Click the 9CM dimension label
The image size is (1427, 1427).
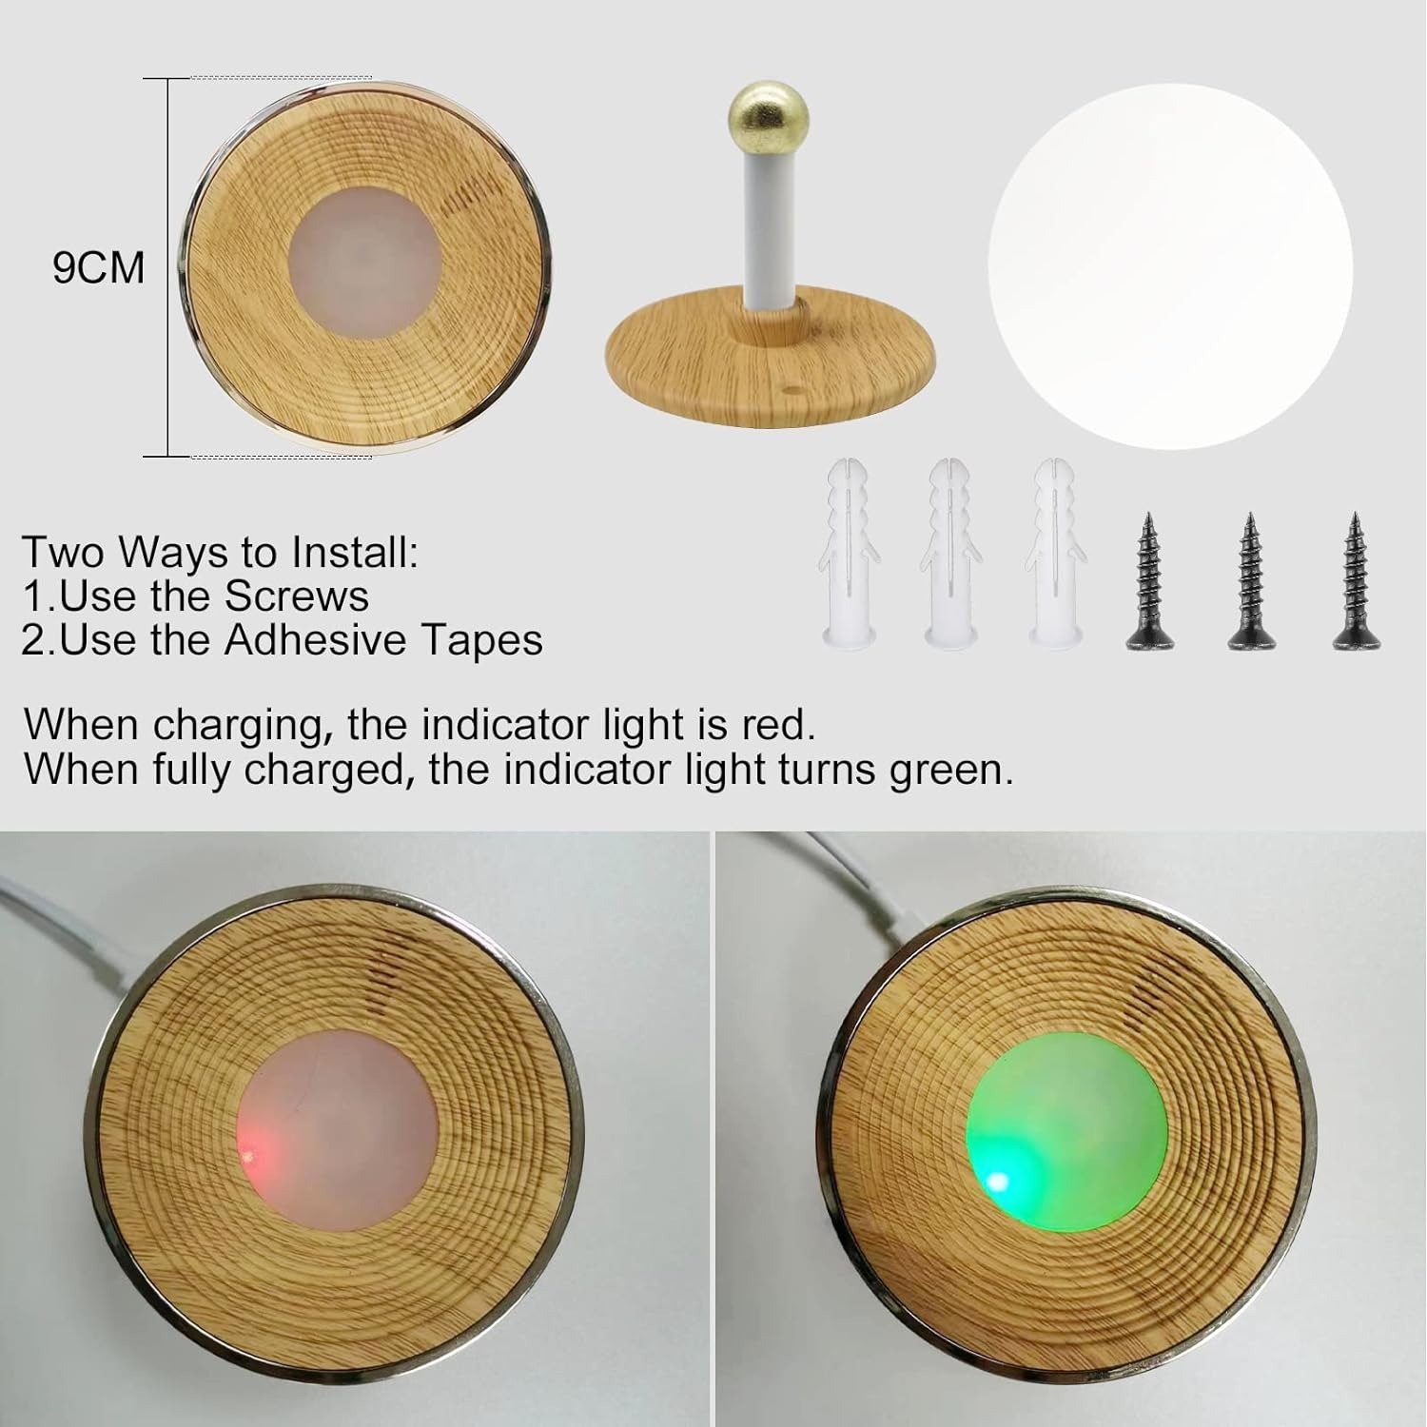99,267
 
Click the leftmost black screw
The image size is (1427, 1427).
1148,581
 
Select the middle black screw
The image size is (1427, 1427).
1249,581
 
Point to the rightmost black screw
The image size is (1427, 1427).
1355,581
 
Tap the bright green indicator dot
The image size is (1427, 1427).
996,1182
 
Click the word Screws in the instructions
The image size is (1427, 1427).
296,596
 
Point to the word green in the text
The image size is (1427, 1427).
950,771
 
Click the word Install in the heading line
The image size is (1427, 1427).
355,553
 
